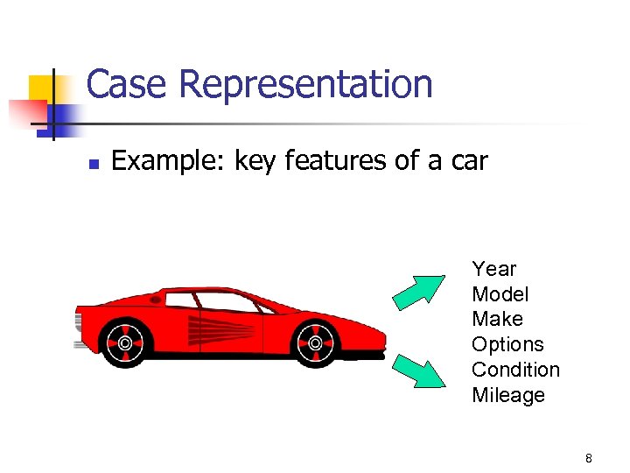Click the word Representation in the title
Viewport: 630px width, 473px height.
point(306,85)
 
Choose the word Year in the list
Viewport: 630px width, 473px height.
point(493,269)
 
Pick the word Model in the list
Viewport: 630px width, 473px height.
point(500,294)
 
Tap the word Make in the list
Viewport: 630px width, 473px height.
point(497,319)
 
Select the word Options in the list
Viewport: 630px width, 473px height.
point(507,344)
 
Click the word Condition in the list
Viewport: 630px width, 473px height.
point(515,370)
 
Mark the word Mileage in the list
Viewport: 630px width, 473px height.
point(507,395)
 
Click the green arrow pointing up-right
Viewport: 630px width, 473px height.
point(419,292)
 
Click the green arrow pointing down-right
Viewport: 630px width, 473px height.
point(419,370)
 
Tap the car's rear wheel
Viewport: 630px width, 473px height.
point(124,342)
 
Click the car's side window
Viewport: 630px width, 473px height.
point(229,301)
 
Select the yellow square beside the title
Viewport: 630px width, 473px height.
point(44,88)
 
